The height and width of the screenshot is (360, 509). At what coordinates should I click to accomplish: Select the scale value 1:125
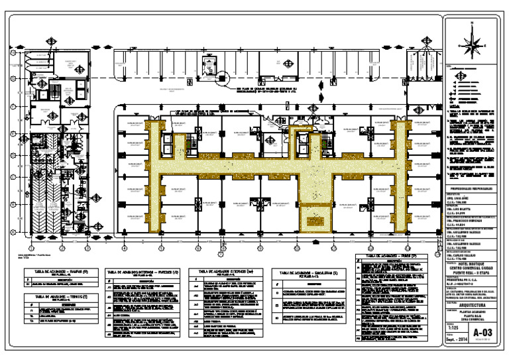tap(453, 328)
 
